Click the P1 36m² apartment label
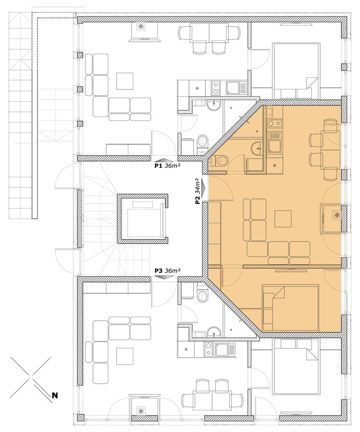[167, 165]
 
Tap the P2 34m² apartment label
[197, 191]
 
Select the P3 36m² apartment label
[167, 270]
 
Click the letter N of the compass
[55, 395]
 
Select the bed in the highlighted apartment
[291, 308]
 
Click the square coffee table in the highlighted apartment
[283, 219]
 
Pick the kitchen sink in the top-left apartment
[236, 88]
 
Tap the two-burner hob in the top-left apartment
[216, 88]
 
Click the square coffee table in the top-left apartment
[125, 81]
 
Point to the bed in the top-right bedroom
[296, 71]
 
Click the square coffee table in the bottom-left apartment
[125, 356]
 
